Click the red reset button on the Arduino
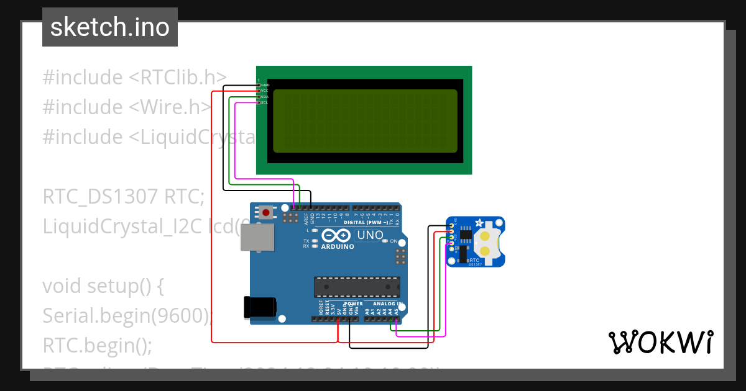(x=266, y=213)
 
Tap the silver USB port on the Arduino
(x=257, y=238)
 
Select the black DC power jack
(x=259, y=307)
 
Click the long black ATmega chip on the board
(x=356, y=287)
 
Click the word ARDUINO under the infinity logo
(x=338, y=246)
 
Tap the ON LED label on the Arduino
(x=394, y=241)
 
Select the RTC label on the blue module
(x=474, y=260)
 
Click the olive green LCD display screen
(x=365, y=120)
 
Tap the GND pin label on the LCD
(x=265, y=85)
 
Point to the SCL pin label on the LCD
(x=264, y=102)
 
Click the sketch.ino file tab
(x=110, y=27)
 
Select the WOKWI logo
(x=660, y=342)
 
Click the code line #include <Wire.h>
(x=127, y=107)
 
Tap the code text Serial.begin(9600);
(x=127, y=316)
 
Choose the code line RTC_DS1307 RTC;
(x=123, y=197)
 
